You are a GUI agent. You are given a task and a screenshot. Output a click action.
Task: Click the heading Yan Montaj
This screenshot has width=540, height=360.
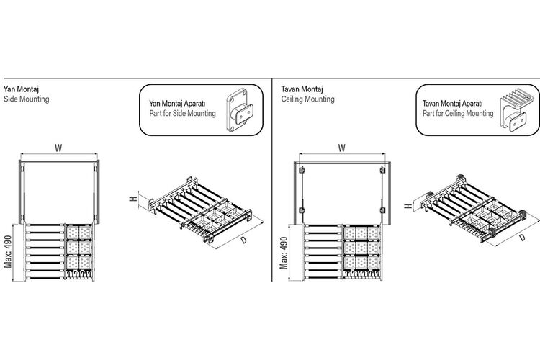coord(21,89)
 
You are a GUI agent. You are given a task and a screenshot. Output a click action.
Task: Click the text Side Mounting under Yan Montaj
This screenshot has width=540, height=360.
coord(26,99)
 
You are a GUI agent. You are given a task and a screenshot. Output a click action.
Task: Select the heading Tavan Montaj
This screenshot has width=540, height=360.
coord(302,89)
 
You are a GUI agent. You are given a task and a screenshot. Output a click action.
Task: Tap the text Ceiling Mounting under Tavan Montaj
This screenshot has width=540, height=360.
coord(307,99)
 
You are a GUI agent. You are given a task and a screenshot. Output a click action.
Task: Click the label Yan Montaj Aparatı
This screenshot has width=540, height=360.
coord(177,104)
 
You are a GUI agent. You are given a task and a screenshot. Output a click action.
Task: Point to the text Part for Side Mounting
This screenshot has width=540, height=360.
coord(183,113)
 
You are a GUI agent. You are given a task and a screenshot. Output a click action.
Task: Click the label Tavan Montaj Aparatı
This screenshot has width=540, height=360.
coord(453,104)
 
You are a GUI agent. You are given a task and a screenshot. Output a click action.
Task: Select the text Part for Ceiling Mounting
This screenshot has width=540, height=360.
coord(458,113)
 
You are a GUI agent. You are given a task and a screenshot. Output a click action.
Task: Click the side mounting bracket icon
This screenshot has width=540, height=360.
coord(240,110)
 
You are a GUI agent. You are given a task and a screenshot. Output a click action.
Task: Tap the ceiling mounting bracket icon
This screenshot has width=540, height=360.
coord(513,109)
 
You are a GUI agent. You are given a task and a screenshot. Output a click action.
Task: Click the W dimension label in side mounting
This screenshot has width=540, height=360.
coord(58,148)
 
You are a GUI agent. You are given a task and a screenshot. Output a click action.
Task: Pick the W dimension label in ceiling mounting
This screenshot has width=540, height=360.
coord(341,148)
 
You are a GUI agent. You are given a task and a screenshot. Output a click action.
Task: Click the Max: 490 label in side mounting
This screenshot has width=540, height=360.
coord(8,252)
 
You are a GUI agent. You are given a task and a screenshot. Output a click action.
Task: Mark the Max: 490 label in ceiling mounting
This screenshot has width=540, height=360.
coord(284,253)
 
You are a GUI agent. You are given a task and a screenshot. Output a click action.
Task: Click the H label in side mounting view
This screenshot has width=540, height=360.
coord(133,199)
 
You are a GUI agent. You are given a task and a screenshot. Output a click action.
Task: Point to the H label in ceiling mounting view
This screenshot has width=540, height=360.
coord(408,206)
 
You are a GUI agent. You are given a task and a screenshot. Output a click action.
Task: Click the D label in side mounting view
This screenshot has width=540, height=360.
coord(244,240)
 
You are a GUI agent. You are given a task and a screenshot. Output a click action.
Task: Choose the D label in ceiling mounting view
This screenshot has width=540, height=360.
coord(522,238)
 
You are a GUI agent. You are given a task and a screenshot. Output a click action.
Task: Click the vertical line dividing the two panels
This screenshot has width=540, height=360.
coord(272,179)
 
